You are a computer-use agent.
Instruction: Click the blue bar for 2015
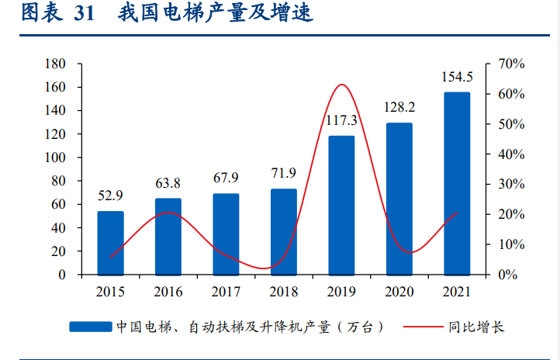click(x=110, y=243)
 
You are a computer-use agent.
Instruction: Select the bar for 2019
click(x=341, y=205)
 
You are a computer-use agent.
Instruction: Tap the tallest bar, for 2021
click(x=457, y=183)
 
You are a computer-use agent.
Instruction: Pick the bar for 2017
click(x=226, y=234)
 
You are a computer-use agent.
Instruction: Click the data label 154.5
click(x=457, y=77)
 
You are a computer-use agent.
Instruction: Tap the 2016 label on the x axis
click(x=168, y=292)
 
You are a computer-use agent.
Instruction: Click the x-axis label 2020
click(x=399, y=292)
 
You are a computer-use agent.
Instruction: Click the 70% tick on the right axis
click(x=511, y=64)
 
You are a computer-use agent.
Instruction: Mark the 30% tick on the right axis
click(x=511, y=184)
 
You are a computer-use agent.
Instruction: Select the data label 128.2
click(x=399, y=107)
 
